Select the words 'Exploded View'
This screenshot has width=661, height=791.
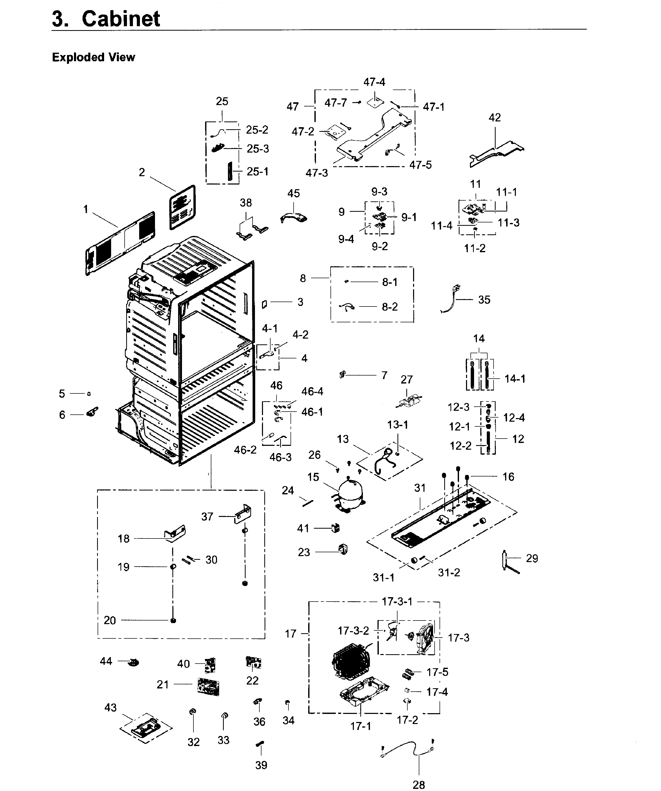[x=93, y=57]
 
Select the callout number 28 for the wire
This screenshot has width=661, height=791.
[x=419, y=784]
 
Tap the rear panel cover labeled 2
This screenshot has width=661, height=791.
[x=183, y=207]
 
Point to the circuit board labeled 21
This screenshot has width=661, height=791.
[x=208, y=686]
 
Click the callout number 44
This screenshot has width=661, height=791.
[x=106, y=661]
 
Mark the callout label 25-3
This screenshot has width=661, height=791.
[x=258, y=149]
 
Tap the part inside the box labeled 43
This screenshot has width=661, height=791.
[x=145, y=727]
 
